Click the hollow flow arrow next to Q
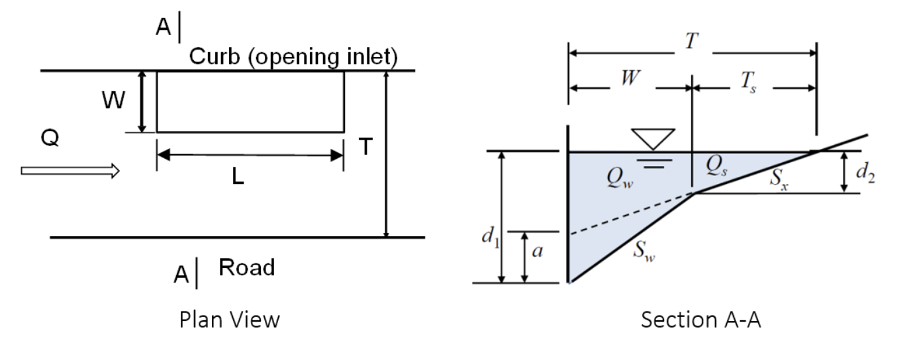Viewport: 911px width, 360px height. click(x=70, y=171)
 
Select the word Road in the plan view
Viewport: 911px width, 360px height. click(x=246, y=267)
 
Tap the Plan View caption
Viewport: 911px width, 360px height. click(x=230, y=320)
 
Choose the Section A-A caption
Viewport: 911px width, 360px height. click(x=701, y=320)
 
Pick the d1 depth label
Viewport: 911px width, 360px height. click(x=489, y=236)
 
